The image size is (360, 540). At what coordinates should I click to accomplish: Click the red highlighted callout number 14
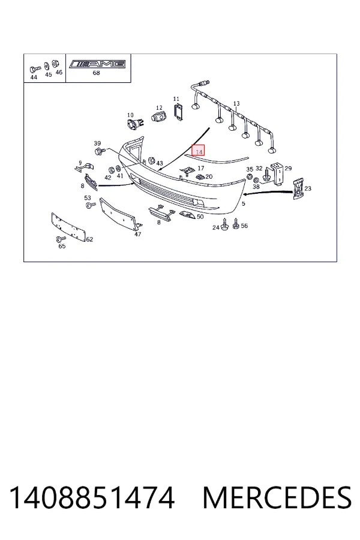click(x=199, y=151)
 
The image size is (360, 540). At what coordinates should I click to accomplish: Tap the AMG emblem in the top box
click(x=97, y=64)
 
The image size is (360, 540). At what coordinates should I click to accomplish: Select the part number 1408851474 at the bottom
click(x=92, y=497)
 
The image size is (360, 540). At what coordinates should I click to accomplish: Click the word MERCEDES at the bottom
click(x=277, y=497)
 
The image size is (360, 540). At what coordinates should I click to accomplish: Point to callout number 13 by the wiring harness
click(x=236, y=103)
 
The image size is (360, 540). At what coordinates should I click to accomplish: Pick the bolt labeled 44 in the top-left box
click(x=35, y=69)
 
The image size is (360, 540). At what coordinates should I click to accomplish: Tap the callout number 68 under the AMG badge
click(x=97, y=73)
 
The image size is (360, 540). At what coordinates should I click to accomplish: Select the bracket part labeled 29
click(x=278, y=173)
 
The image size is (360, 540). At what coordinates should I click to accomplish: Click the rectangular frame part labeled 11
click(x=178, y=112)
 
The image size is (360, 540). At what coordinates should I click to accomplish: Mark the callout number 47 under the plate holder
click(x=138, y=234)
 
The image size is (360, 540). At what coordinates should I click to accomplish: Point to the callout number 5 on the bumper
click(x=244, y=203)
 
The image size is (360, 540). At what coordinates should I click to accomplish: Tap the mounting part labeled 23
click(x=298, y=189)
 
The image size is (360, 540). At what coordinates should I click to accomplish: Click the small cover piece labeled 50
click(x=187, y=215)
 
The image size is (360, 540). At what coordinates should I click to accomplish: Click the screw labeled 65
click(x=60, y=239)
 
